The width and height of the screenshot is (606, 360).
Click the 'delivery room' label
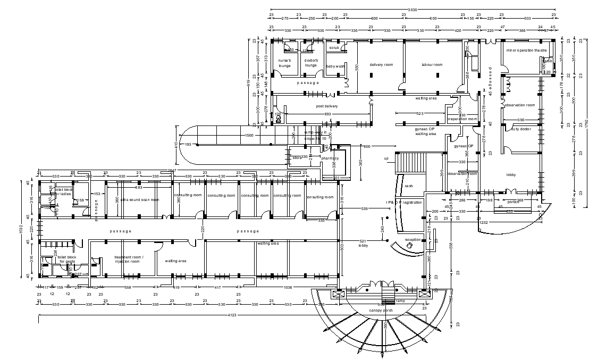click(381, 64)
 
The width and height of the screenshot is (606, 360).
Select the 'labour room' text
click(432, 64)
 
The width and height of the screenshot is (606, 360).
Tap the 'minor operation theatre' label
click(526, 51)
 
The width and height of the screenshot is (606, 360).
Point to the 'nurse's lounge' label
click(285, 63)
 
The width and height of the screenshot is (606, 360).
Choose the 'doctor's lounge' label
click(311, 63)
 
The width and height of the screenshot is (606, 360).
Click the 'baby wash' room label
click(335, 66)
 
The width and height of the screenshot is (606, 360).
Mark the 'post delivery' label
click(327, 106)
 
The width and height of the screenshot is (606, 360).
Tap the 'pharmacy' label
click(330, 158)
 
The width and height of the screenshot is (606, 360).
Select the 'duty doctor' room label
click(521, 129)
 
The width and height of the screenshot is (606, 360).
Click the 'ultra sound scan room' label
click(139, 199)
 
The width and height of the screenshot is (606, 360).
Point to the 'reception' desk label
click(413, 240)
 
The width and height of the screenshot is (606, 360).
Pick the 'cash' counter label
click(409, 186)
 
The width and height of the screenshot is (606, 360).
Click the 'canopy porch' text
click(381, 310)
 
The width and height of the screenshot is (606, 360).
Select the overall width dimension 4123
click(232, 316)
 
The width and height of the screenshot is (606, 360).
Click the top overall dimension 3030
click(412, 10)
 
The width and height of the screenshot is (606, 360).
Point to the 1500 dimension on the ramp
click(249, 136)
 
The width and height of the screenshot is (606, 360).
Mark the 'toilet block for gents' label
click(68, 259)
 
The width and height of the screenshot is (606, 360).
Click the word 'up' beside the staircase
click(386, 158)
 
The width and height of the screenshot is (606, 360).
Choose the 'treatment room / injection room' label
click(129, 259)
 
